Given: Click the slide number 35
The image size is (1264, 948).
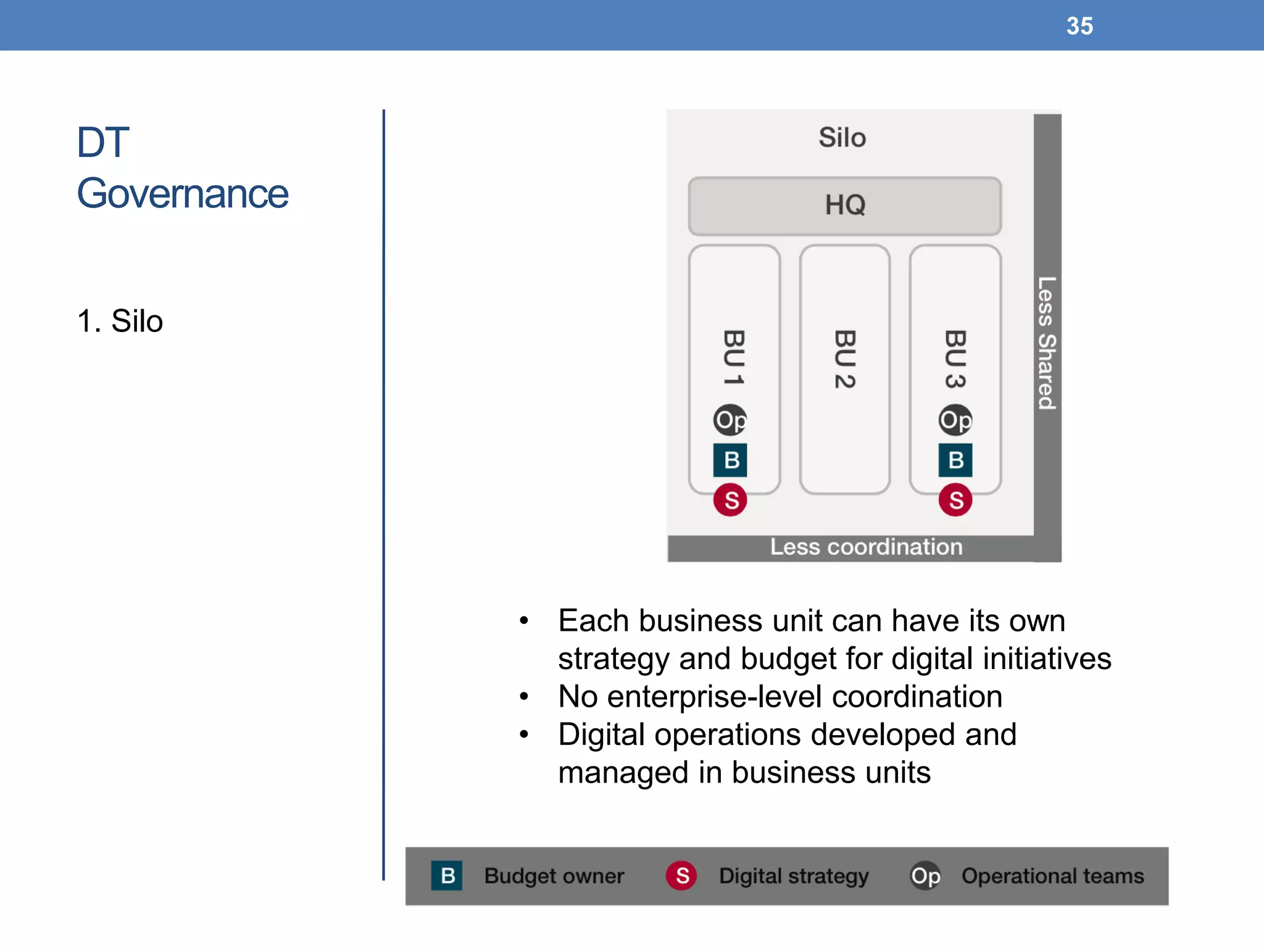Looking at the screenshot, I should [1079, 26].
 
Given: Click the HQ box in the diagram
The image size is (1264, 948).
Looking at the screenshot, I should [844, 206].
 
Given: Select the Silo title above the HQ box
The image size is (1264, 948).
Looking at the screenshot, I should [842, 137].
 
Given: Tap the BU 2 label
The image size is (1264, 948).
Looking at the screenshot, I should [844, 359].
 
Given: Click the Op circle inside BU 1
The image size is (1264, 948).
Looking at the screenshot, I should [730, 420].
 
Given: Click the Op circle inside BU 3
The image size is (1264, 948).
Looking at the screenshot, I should [955, 420].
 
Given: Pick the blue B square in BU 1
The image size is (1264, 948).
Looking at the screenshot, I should [730, 460].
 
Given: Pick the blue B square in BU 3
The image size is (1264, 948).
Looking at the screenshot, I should [955, 460].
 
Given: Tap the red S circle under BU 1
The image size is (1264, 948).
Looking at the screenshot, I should [730, 500].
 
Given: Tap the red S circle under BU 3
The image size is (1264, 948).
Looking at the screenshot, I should [955, 500].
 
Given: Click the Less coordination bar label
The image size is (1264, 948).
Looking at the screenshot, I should [865, 547].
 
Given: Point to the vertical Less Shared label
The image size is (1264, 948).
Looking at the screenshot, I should [1047, 343].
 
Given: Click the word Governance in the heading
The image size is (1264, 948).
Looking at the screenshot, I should [183, 194].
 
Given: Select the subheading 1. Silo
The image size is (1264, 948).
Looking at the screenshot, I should [120, 321].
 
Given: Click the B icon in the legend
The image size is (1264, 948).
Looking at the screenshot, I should [447, 875].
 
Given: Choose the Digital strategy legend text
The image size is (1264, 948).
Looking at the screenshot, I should [794, 876].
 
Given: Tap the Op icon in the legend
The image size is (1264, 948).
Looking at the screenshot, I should [925, 876].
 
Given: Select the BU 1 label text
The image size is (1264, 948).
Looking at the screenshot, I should [734, 358].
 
